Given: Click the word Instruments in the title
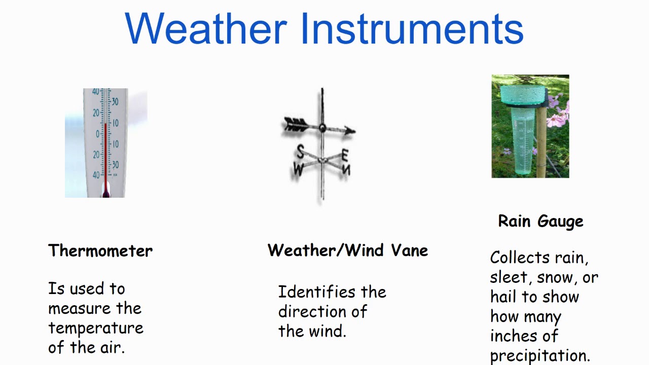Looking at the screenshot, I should coord(412,28).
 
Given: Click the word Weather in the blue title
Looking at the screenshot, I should coord(205,28).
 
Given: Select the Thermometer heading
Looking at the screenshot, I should coord(100,251).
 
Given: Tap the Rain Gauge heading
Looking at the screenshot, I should coord(540,222).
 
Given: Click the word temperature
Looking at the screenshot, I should coord(96,328).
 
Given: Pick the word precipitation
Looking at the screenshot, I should coord(540,355).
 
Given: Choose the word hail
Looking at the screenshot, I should coord(502,297).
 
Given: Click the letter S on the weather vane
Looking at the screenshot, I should coord(301,151).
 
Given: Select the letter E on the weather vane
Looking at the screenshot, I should coord(345,154).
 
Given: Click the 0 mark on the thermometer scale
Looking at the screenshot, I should coord(97,134).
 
